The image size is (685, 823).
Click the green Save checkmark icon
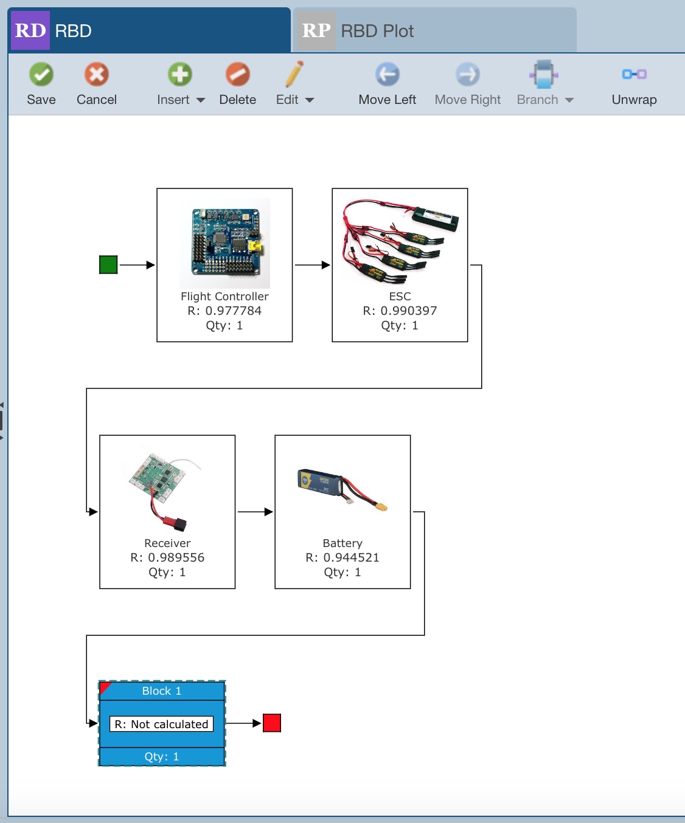coord(41,75)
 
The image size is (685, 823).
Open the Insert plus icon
coord(179,75)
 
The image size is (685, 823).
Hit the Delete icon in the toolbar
coord(237,75)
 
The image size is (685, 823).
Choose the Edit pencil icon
coord(294,75)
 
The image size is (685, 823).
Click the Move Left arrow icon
coord(387,75)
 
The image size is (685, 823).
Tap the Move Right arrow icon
coord(467,75)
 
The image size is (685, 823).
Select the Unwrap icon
coord(634,74)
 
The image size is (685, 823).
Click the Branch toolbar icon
coord(543,75)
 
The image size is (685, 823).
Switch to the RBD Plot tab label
coord(377,31)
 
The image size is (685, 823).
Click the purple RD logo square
coord(30,30)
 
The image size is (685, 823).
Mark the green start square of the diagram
coord(108,265)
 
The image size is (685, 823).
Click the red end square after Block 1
coord(272,723)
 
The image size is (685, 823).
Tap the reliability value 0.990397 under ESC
coord(408,311)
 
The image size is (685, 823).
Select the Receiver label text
coord(167,543)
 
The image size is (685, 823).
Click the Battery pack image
coord(342,490)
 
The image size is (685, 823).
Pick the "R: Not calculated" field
coord(161,724)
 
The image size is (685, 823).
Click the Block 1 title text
coord(161,691)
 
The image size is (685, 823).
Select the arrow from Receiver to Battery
coord(255,512)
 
